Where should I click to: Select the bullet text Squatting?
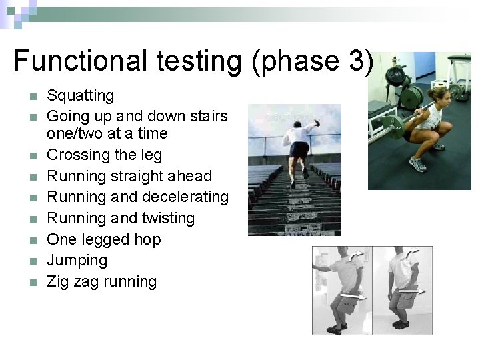pyautogui.click(x=80, y=96)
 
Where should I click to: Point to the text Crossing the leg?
pyautogui.click(x=104, y=155)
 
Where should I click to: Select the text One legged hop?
pyautogui.click(x=103, y=239)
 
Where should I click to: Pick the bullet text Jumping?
pyautogui.click(x=77, y=260)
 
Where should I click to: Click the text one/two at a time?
pyautogui.click(x=107, y=134)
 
